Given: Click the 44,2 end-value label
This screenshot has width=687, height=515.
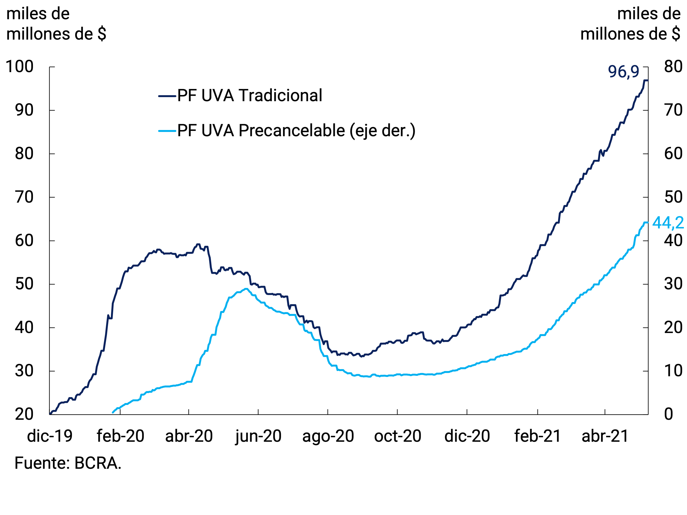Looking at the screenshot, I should [x=668, y=223].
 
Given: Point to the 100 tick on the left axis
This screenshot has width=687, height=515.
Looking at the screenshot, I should [x=19, y=66].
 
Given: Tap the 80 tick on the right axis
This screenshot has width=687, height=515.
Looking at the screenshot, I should [x=673, y=66].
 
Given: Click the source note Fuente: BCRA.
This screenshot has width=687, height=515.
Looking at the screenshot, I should [x=68, y=463].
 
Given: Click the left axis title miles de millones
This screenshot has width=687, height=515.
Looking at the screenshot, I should [x=56, y=24].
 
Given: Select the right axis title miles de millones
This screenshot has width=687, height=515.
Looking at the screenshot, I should [x=630, y=24].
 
